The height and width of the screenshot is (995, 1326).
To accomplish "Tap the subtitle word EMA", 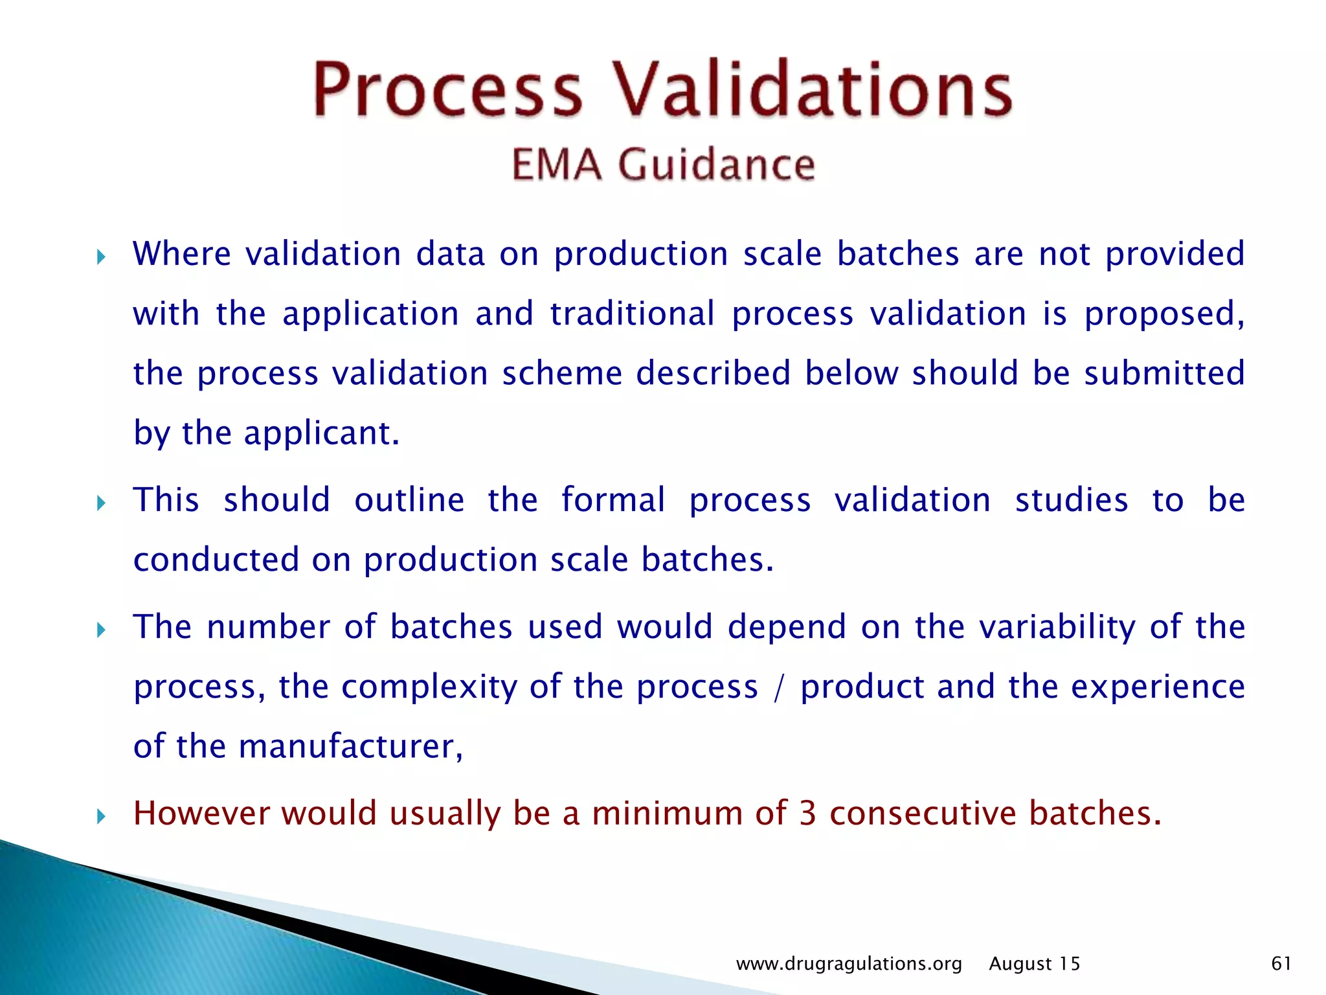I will tap(556, 165).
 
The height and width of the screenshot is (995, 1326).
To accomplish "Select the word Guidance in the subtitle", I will tap(716, 165).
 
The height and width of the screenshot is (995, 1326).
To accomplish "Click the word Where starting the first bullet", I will tap(181, 253).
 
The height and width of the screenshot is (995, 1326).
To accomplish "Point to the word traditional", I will tap(633, 314).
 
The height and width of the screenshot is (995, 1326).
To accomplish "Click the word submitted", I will tap(1164, 373).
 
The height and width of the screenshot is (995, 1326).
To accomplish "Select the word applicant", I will tap(321, 433).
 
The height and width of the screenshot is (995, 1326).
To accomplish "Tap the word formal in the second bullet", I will tap(612, 500).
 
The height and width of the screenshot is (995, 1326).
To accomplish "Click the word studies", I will tap(1071, 500).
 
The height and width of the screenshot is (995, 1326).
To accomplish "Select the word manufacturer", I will tap(350, 746).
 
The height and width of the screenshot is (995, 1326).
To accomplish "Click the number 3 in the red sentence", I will tap(807, 814).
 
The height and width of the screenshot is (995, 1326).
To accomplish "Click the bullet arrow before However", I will tap(101, 816).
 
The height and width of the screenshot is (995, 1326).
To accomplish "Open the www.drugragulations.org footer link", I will tap(849, 964).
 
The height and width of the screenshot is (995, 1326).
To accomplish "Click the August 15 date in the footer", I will tap(1034, 964).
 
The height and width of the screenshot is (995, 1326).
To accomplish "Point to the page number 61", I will tap(1281, 963).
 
